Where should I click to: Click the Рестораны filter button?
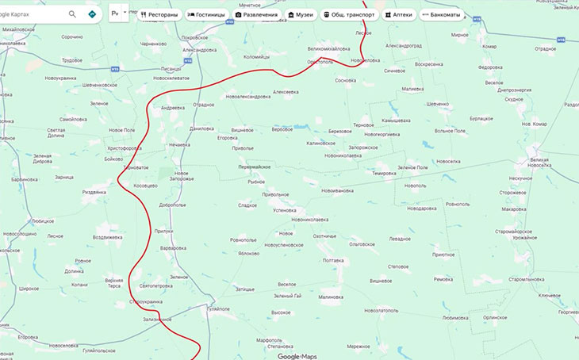[x=159, y=14]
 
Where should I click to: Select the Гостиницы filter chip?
[x=206, y=14]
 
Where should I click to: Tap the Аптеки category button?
[x=398, y=14]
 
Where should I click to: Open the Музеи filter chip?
[x=301, y=14]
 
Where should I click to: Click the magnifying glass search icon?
[x=73, y=14]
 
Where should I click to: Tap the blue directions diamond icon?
[x=93, y=14]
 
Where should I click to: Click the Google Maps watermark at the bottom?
[x=297, y=356]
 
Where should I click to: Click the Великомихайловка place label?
[x=334, y=48]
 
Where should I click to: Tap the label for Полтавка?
[x=333, y=260]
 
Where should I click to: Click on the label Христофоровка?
[x=124, y=148]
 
